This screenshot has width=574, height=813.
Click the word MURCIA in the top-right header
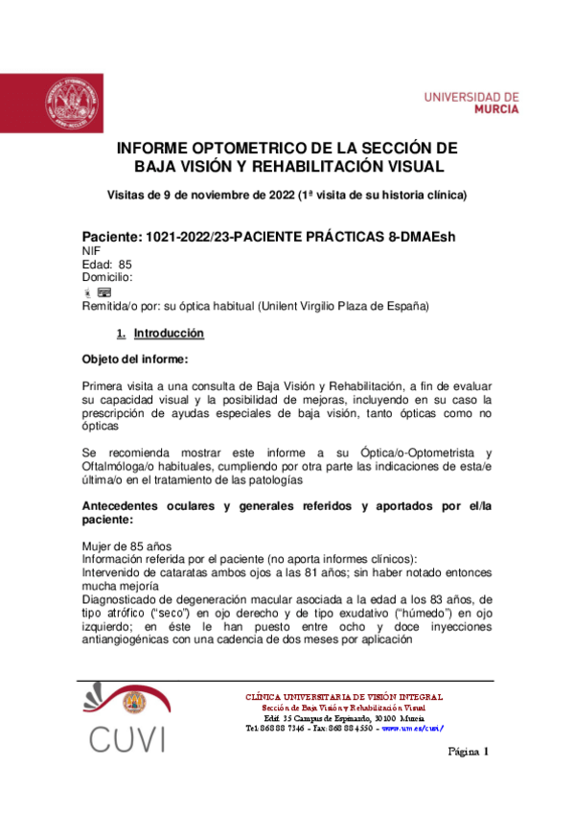point(493,109)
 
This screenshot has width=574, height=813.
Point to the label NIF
point(92,250)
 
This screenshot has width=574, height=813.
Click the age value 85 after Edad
point(125,264)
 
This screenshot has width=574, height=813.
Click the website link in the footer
point(412,728)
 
